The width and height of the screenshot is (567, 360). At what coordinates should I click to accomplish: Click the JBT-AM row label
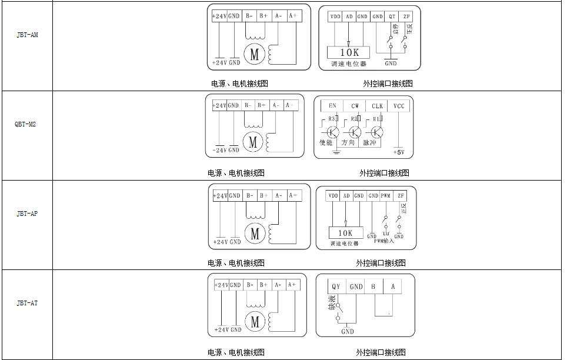[x=27, y=35]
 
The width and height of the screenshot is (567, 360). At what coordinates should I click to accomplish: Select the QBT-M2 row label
[x=26, y=125]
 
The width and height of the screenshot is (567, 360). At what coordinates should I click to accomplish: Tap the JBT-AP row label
[x=27, y=214]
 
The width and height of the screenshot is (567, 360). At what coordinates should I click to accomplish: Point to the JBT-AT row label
[x=27, y=304]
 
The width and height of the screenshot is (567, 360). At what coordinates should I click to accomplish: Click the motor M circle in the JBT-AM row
[x=254, y=55]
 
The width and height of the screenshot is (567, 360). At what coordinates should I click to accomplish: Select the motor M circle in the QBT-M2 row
[x=254, y=142]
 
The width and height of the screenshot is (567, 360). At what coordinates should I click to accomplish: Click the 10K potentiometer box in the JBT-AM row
[x=349, y=52]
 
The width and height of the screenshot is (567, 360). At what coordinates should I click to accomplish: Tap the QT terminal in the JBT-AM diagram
[x=392, y=16]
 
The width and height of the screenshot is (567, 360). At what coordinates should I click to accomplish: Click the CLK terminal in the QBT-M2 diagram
[x=377, y=106]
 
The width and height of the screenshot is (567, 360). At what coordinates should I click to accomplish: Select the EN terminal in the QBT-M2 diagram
[x=332, y=106]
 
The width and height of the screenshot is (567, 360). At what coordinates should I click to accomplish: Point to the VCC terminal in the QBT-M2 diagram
[x=399, y=106]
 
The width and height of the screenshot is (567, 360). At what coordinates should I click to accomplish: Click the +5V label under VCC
[x=399, y=152]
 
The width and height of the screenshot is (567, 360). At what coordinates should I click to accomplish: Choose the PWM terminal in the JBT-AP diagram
[x=386, y=196]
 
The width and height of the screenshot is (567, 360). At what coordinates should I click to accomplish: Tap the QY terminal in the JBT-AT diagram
[x=336, y=286]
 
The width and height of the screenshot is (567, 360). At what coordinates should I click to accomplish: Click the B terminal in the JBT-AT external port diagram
[x=373, y=286]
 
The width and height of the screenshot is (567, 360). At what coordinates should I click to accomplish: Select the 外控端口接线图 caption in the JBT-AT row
[x=381, y=352]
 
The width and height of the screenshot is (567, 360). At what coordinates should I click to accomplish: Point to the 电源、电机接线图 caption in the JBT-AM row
[x=239, y=84]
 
